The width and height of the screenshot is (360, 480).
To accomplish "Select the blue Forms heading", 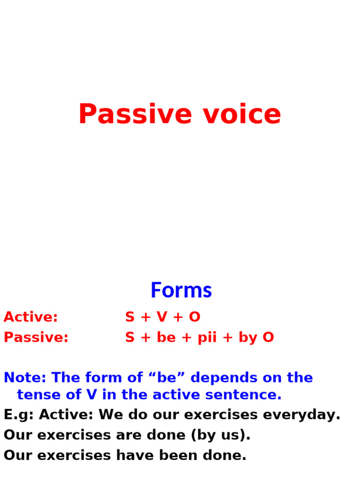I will [x=181, y=291].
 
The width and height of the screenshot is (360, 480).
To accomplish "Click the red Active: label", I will [x=30, y=317].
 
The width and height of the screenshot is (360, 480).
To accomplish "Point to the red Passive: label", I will [x=36, y=337].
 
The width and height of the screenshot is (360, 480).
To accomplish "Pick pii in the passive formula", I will [x=207, y=338].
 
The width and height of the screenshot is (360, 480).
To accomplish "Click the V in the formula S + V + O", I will [x=162, y=317].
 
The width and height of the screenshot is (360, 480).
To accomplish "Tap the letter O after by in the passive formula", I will [x=268, y=337].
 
